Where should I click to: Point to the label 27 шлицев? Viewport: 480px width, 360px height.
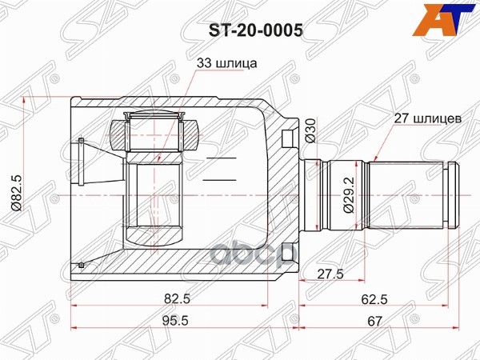tap(426, 118)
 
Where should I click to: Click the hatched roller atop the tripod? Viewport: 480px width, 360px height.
tap(157, 130)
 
